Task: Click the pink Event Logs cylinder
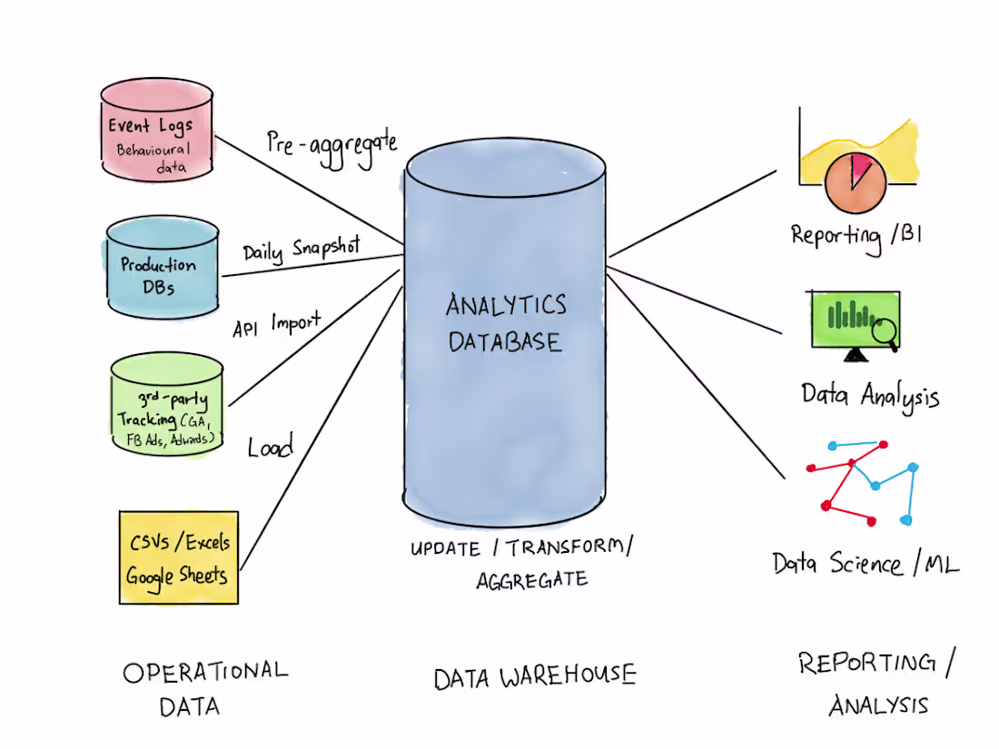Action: tap(156, 132)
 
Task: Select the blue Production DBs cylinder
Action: tap(161, 263)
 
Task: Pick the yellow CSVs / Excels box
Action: tap(178, 557)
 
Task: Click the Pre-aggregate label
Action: tap(331, 144)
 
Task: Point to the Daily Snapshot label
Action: tap(302, 248)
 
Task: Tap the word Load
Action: tap(271, 447)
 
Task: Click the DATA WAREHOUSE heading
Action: tap(534, 676)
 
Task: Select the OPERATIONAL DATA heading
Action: tap(203, 687)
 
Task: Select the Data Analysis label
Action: tap(869, 395)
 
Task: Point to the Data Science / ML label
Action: tap(865, 563)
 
